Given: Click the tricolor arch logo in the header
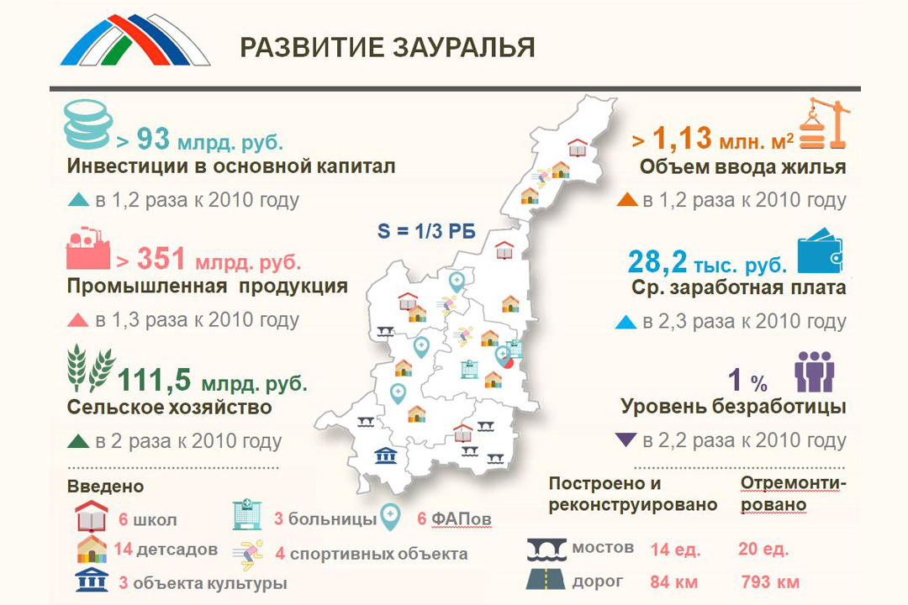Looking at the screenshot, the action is click(135, 39).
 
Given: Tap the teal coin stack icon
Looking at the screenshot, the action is click(87, 124).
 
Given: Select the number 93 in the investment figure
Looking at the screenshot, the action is click(154, 139).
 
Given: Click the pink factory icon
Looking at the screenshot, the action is click(88, 249).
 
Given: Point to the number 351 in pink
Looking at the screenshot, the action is click(161, 259).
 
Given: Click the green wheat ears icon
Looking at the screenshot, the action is click(91, 369).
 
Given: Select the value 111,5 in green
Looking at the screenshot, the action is click(154, 381).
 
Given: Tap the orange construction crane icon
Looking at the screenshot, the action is click(824, 124).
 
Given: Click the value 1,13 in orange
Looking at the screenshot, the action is click(682, 139).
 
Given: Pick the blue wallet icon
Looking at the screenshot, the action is click(820, 250).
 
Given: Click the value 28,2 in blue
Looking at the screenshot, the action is click(657, 261).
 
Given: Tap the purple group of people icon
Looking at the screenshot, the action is click(814, 371).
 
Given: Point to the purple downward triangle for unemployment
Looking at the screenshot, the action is click(626, 440).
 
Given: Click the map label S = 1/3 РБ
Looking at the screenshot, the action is click(427, 231).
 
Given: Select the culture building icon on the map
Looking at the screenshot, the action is click(385, 455).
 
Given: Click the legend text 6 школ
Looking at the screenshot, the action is click(148, 519).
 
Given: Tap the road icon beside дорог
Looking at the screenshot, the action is click(546, 580).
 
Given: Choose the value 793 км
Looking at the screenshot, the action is click(770, 581).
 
